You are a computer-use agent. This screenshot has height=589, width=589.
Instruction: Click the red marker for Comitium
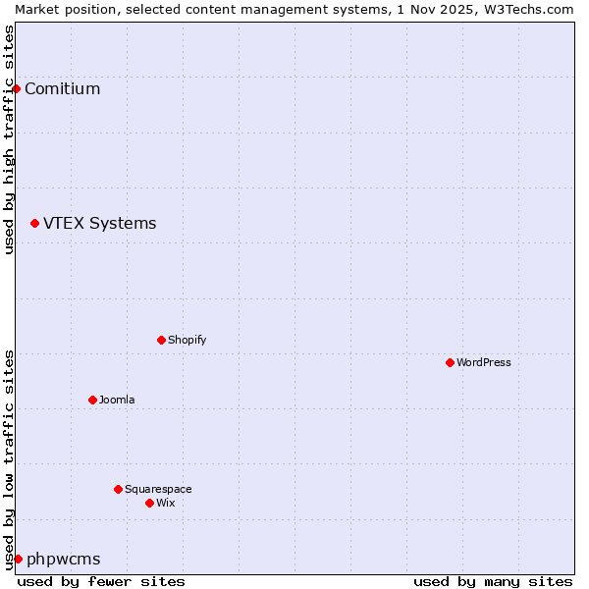(x=16, y=89)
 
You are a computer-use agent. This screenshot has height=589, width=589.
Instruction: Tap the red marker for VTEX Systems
(x=34, y=224)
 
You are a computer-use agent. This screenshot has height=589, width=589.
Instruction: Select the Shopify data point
(x=161, y=341)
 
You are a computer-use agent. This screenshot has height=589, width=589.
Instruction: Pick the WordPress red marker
(x=450, y=363)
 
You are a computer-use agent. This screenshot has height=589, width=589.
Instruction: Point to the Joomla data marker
(x=92, y=401)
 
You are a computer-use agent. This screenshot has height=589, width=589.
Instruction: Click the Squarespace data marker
(x=118, y=490)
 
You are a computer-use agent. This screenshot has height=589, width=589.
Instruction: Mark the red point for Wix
(x=149, y=504)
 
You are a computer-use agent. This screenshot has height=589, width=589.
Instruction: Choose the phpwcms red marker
(x=18, y=560)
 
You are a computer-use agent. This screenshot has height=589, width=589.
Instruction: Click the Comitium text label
(x=62, y=89)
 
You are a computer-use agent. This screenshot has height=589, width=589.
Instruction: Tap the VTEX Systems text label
(x=99, y=224)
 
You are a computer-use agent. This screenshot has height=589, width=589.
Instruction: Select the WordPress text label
(x=483, y=363)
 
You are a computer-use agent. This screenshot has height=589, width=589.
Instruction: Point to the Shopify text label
(x=187, y=341)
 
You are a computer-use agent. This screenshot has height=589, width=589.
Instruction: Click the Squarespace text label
(x=158, y=490)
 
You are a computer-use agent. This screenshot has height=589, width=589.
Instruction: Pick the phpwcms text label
(x=63, y=560)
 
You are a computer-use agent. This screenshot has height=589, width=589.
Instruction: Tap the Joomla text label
(x=117, y=401)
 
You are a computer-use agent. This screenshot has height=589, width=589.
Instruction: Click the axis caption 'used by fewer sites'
(x=101, y=581)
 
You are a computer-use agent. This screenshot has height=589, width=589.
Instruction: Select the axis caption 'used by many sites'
(x=493, y=581)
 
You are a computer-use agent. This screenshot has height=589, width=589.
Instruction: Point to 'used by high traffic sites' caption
(x=9, y=139)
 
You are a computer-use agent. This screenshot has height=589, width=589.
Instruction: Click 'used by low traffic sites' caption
(x=9, y=459)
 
